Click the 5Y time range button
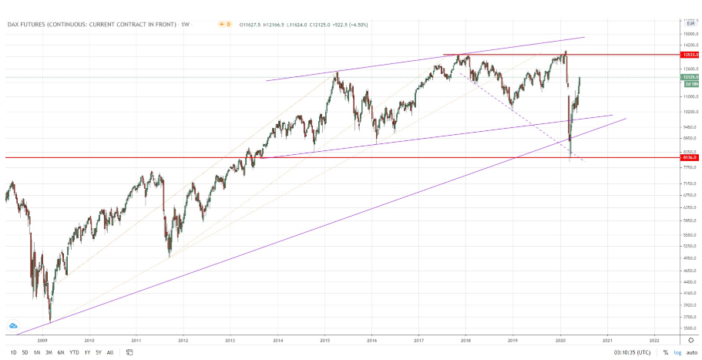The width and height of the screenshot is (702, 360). (x=98, y=352)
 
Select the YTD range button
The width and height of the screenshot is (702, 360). (x=74, y=352)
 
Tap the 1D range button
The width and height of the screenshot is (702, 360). (x=14, y=352)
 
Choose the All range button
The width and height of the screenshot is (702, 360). (x=109, y=352)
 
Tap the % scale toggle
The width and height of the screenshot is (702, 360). (x=664, y=352)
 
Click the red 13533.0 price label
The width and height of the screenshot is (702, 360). (x=690, y=55)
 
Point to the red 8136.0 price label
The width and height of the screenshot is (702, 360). (x=690, y=157)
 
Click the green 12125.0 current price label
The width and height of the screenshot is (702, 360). (x=690, y=77)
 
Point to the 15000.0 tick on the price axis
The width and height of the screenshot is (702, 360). (x=690, y=34)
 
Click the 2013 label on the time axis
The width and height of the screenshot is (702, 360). (x=230, y=338)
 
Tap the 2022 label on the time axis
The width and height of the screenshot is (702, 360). (x=654, y=338)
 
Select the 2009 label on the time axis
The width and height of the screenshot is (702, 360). (x=42, y=338)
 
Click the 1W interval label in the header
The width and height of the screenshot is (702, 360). (x=185, y=25)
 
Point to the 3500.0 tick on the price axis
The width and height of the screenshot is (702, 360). (x=690, y=328)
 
